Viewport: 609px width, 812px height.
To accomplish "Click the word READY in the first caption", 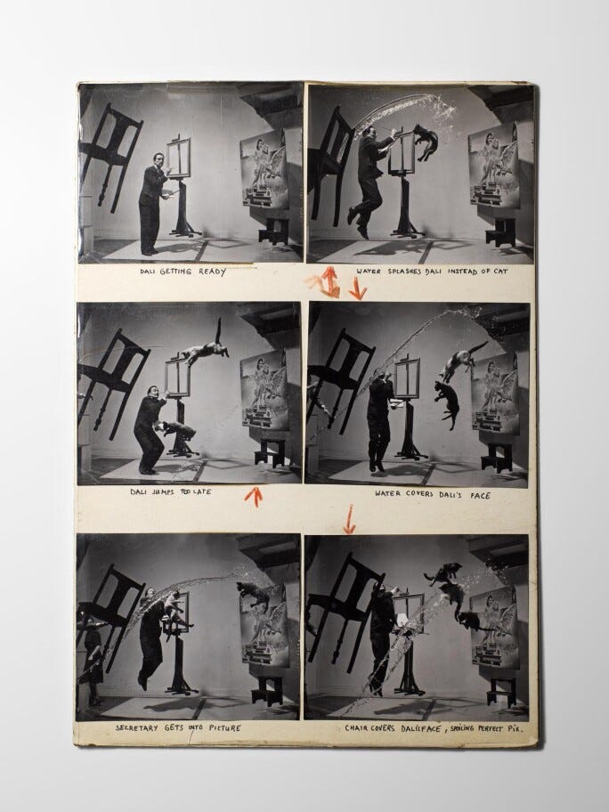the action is tap(212, 272).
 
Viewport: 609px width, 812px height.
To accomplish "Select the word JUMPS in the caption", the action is tap(163, 491).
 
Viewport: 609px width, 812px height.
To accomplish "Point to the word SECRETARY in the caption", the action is tap(137, 727).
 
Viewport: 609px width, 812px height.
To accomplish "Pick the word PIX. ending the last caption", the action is tap(515, 728).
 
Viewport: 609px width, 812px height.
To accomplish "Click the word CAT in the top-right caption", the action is tap(500, 271).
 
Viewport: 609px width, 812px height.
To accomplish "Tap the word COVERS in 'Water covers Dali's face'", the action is tap(418, 493).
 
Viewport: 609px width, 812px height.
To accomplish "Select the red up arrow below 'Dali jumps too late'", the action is tap(254, 496).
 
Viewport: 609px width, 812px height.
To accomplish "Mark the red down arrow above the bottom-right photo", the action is tap(350, 519).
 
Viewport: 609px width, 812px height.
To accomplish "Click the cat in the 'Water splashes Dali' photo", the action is tap(426, 141).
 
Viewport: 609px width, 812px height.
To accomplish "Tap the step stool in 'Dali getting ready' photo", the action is tap(274, 231).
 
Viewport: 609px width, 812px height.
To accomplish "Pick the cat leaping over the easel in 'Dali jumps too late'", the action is tap(205, 347).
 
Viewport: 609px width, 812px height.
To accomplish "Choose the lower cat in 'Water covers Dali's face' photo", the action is tap(448, 403).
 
